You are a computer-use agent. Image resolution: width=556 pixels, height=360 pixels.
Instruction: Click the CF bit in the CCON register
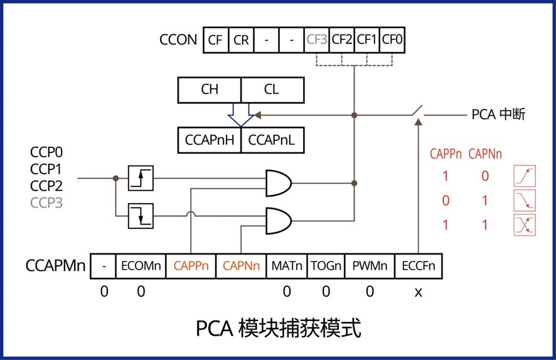point(215,40)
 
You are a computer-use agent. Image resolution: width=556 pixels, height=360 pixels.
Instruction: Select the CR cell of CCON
point(241,40)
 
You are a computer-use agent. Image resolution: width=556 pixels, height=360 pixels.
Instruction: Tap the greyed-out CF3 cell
point(317,40)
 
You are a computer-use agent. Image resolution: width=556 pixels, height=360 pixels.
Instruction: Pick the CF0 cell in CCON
point(393,40)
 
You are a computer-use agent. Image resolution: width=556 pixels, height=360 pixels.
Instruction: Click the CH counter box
point(210,90)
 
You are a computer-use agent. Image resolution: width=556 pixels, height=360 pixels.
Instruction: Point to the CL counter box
point(271,90)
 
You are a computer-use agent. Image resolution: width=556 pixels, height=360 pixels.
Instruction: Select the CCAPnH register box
point(210,140)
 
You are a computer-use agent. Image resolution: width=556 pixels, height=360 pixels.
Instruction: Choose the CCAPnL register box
point(272,140)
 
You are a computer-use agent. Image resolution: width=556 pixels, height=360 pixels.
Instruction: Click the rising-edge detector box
point(141,178)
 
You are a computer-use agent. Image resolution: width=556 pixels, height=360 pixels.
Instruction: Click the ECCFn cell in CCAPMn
point(419,266)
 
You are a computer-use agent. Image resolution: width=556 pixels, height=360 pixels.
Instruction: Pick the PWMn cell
point(369,266)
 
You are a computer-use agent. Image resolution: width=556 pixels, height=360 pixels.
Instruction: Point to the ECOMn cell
point(141,266)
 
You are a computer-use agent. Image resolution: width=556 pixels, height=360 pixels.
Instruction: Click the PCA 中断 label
point(498,115)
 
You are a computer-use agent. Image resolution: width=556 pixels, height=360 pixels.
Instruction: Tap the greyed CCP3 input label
point(46,203)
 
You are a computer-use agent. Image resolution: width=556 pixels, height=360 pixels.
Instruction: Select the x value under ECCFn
point(419,292)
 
